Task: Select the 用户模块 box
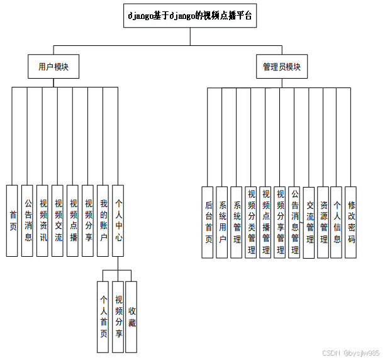53,66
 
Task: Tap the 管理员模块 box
282,66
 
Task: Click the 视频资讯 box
43,220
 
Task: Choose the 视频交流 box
58,220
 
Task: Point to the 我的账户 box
104,220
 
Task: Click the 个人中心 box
119,220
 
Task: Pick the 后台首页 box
208,222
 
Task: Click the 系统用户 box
222,222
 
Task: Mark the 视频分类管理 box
251,222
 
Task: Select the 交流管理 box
310,222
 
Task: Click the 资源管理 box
323,222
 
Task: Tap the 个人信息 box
337,222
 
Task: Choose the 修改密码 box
352,222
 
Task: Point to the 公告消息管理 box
294,222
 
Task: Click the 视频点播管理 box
265,222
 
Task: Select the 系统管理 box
237,222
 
